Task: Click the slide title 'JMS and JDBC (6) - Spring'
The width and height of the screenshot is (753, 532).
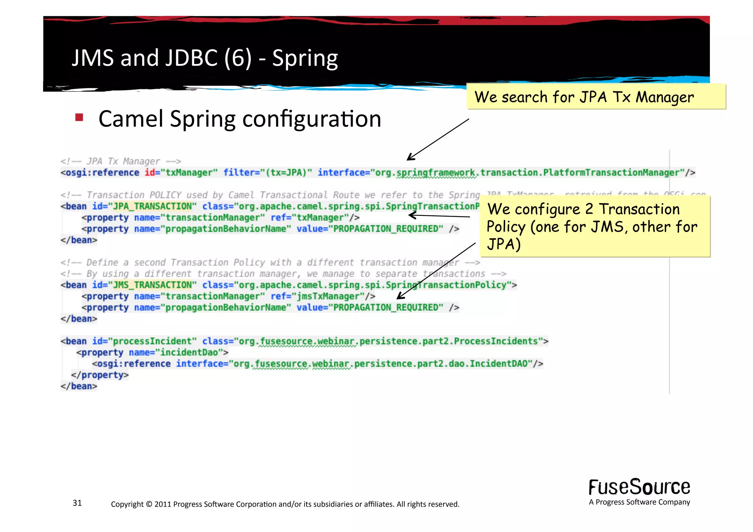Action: pyautogui.click(x=204, y=58)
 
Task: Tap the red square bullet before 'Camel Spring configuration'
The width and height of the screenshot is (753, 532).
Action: pyautogui.click(x=79, y=118)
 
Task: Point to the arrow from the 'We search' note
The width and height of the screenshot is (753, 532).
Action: pyautogui.click(x=438, y=140)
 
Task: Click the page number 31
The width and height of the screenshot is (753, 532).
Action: pyautogui.click(x=77, y=503)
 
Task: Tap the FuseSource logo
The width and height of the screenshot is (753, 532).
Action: pyautogui.click(x=639, y=487)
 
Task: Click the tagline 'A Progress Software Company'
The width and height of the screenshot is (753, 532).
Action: pyautogui.click(x=639, y=502)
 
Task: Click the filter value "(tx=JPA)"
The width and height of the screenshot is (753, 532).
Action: pyautogui.click(x=286, y=172)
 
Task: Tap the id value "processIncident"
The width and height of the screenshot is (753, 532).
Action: pyautogui.click(x=152, y=341)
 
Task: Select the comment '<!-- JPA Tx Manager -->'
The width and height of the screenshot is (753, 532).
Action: pyautogui.click(x=121, y=161)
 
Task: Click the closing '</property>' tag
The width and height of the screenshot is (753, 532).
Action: pyautogui.click(x=100, y=375)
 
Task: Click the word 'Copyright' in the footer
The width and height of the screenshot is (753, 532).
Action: pyautogui.click(x=127, y=504)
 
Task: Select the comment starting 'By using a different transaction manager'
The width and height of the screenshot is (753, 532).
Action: pyautogui.click(x=283, y=274)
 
